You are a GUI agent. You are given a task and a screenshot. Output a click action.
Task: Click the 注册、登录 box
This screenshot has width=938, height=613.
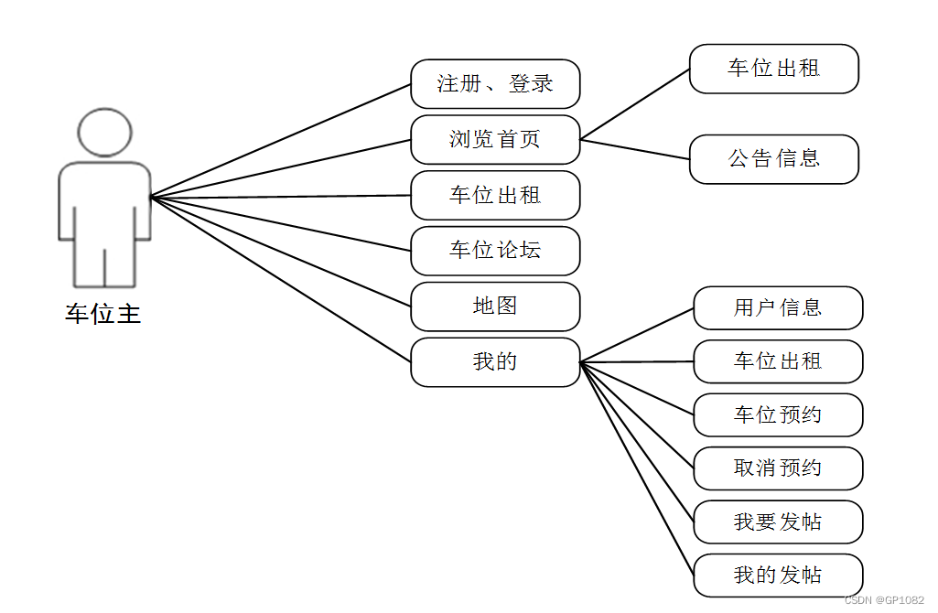495,84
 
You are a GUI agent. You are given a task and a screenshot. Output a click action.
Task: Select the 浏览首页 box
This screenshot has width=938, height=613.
495,139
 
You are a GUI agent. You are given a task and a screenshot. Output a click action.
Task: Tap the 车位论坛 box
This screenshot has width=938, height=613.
495,251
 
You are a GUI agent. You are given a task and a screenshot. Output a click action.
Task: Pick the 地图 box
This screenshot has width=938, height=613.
495,306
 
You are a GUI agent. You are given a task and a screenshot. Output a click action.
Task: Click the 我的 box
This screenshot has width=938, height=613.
495,362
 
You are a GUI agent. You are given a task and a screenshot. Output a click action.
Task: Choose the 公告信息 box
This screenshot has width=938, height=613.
774,159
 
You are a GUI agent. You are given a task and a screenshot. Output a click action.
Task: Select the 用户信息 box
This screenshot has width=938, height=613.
778,307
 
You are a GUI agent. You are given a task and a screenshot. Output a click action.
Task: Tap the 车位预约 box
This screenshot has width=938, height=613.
778,415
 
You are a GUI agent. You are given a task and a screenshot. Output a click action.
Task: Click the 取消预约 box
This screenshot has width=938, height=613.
778,468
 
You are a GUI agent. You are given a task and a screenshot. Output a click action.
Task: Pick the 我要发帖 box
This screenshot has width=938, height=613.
778,522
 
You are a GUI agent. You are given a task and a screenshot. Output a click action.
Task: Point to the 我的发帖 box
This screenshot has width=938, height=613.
778,575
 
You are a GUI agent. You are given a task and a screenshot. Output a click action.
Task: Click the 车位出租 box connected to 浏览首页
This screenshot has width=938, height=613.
774,69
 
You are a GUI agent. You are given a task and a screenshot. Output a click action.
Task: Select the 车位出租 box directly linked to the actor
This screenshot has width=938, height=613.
495,195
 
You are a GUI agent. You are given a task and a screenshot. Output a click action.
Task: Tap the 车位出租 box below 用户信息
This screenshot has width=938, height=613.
778,361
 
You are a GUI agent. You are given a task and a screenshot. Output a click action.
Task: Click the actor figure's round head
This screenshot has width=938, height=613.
105,132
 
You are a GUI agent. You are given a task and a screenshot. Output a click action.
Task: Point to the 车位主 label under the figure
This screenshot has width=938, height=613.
102,314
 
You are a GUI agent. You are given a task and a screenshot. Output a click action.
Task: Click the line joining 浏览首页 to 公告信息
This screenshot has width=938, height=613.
635,149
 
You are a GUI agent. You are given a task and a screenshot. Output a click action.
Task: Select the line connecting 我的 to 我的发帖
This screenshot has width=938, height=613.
638,468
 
